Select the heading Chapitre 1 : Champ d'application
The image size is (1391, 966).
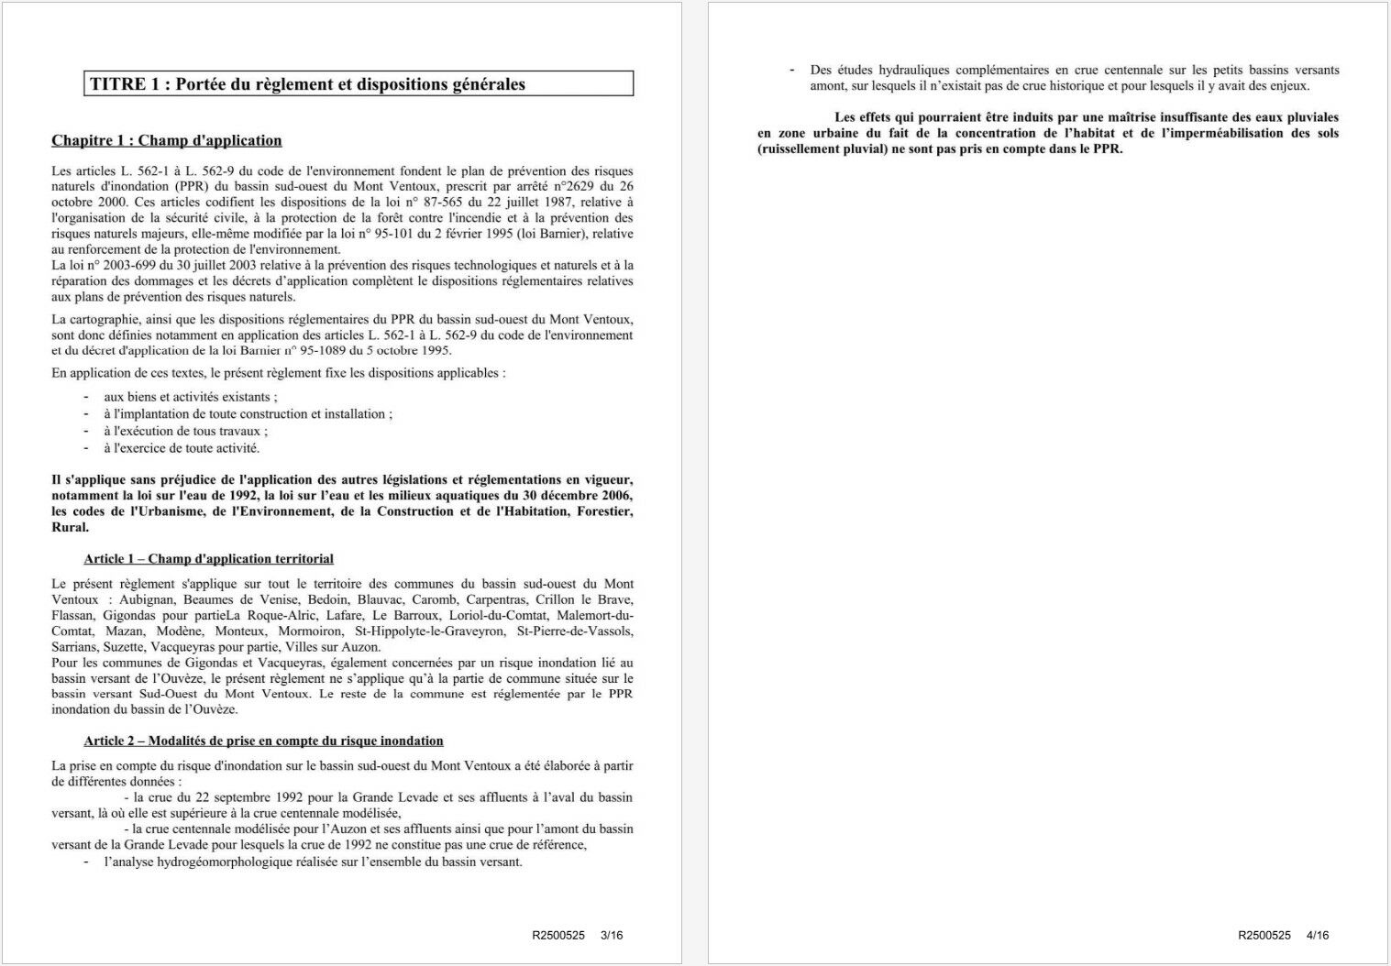[x=167, y=140]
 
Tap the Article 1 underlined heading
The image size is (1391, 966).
[x=208, y=558]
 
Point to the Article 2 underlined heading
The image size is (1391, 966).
[x=263, y=741]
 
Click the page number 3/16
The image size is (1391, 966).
[x=611, y=935]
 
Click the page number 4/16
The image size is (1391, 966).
[x=1317, y=935]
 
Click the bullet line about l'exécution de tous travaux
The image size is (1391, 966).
[x=185, y=431]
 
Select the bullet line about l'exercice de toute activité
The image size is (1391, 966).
[x=181, y=448]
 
